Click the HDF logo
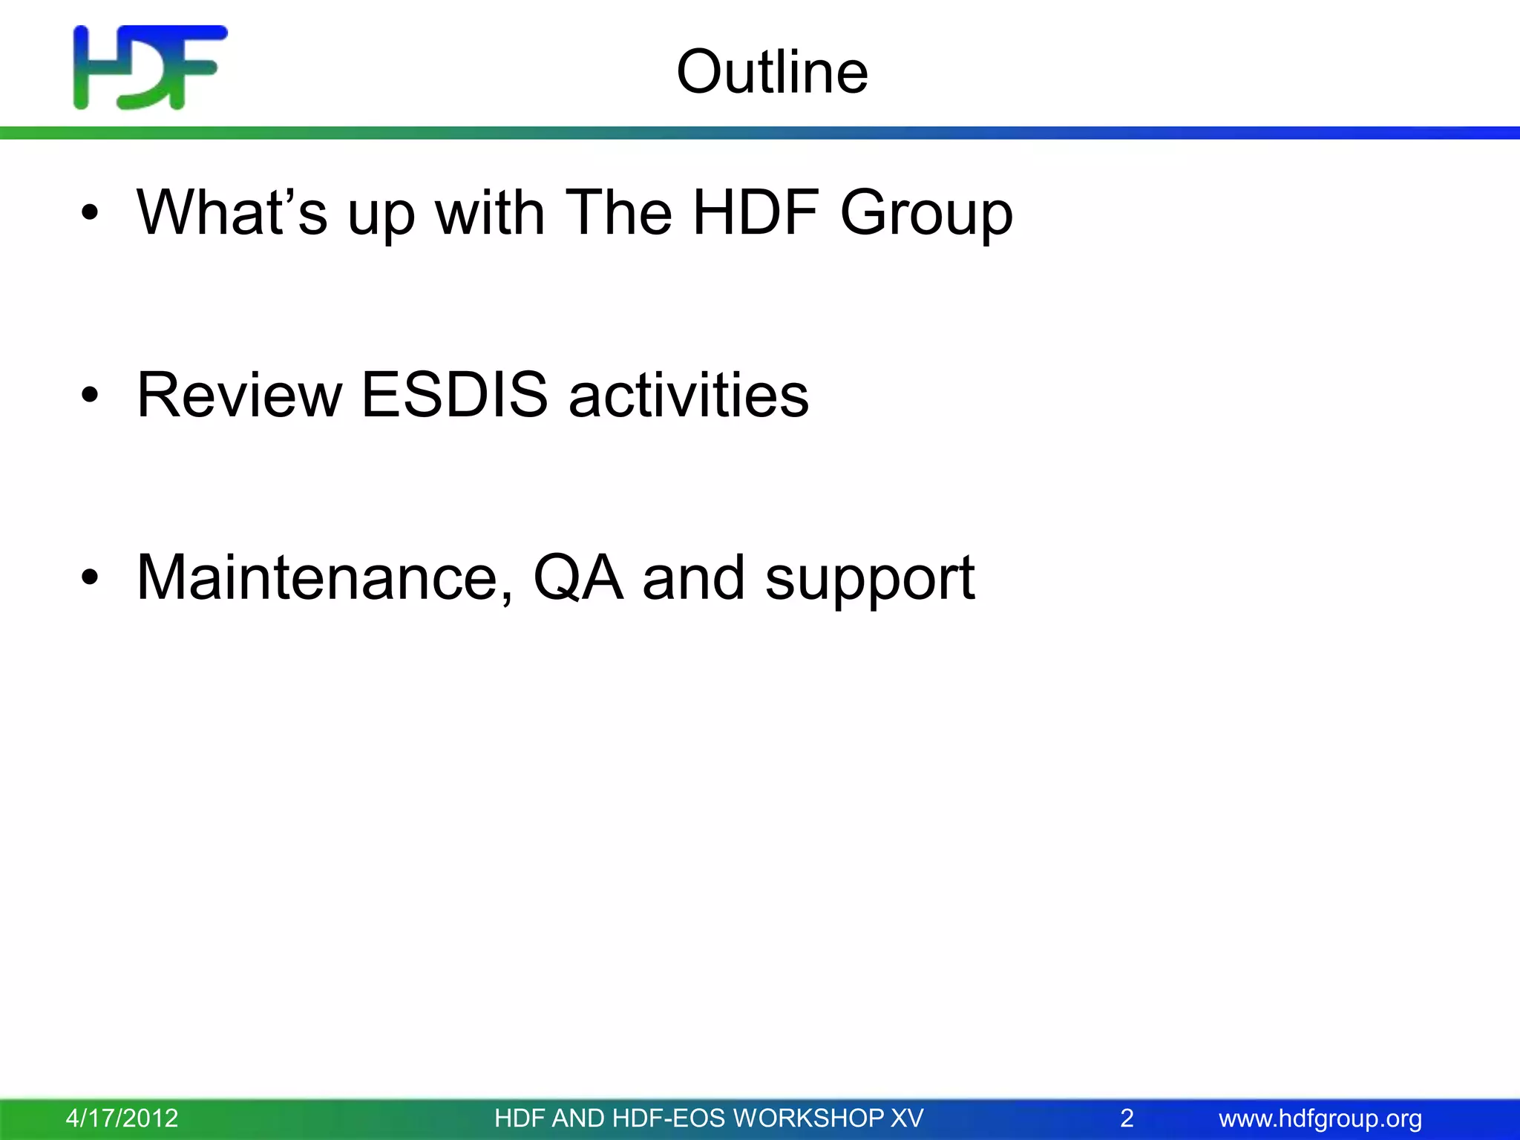tap(150, 68)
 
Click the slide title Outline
tap(772, 72)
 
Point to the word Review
tap(239, 395)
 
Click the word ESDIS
tap(453, 395)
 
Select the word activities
tap(688, 395)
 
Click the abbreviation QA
tap(577, 578)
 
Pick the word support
tap(869, 580)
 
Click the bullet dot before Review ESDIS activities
tap(90, 396)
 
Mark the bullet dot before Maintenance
tap(90, 578)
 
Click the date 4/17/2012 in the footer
tap(122, 1118)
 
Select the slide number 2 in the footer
tap(1126, 1118)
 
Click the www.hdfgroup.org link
tap(1320, 1118)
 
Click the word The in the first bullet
tap(618, 213)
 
